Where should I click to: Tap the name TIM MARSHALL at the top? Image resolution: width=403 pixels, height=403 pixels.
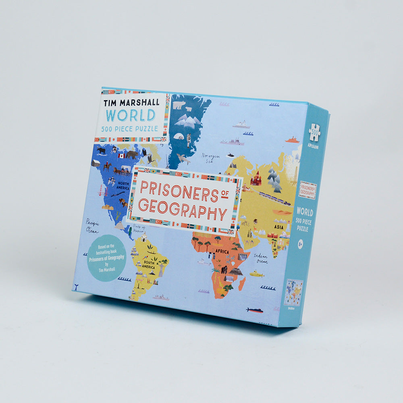point(131,102)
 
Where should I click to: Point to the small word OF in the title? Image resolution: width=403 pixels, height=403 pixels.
point(225,195)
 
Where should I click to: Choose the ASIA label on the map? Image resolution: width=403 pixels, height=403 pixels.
point(279,227)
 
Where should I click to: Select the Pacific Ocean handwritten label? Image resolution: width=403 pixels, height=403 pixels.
point(92,225)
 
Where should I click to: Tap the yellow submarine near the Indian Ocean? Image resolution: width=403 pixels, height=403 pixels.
point(256,274)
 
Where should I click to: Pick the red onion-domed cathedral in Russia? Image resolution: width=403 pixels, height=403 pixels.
point(256,179)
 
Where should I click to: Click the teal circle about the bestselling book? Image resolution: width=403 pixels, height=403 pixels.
point(106,258)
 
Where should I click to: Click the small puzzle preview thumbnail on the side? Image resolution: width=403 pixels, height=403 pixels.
point(293,293)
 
